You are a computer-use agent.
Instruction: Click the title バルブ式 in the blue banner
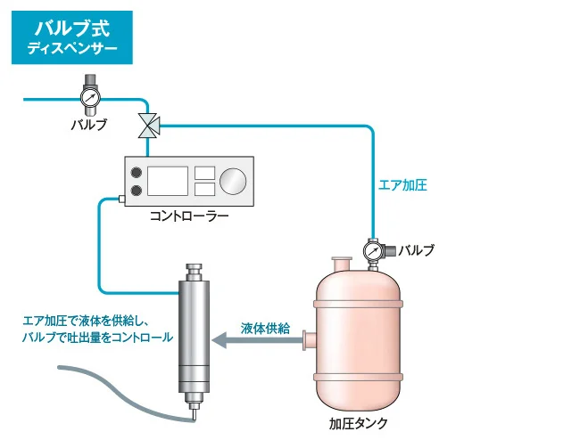coord(72,29)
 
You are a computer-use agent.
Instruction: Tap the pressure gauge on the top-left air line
coord(90,97)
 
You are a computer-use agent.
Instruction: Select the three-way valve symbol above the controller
coord(149,126)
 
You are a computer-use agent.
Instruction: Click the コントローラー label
coord(189,216)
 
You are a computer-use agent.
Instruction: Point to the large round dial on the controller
coord(233,182)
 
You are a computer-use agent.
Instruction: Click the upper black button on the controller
coord(137,172)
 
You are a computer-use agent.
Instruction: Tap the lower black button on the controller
coord(137,191)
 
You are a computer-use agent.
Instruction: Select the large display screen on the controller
coord(168,181)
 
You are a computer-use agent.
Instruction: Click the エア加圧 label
coord(402,184)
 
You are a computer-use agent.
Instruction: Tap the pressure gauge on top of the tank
coord(373,251)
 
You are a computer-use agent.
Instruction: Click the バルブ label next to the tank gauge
coord(416,250)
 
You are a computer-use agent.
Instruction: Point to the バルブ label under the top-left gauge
coord(88,125)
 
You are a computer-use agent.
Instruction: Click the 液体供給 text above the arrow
coord(265,328)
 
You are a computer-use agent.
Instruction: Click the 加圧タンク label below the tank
coord(359,423)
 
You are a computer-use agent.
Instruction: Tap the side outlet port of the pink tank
coord(310,340)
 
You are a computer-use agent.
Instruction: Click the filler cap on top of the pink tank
coord(342,265)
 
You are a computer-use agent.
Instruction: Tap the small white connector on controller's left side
coord(121,200)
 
